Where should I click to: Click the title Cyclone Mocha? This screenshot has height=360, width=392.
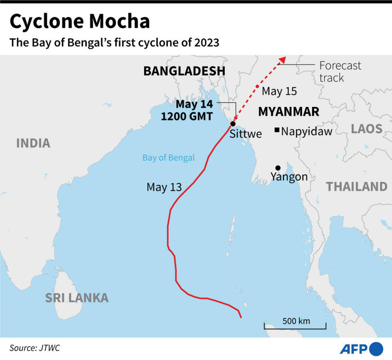[x=80, y=22]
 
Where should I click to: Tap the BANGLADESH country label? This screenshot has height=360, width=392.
[x=184, y=71]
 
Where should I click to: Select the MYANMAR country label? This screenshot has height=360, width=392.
[x=288, y=112]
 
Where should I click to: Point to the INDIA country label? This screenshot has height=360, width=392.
[x=33, y=143]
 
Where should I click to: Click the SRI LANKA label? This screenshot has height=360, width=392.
[x=76, y=298]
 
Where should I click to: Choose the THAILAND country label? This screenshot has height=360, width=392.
[x=356, y=187]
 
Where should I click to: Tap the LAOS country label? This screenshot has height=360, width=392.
[x=366, y=129]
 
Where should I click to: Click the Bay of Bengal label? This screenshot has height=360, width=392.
[x=168, y=157]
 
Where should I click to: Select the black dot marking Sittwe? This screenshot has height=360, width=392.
[x=232, y=124]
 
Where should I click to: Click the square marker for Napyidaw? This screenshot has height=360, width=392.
[x=276, y=130]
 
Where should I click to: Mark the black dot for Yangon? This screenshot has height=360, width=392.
[x=278, y=168]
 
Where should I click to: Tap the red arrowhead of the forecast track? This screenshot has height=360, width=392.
[x=282, y=60]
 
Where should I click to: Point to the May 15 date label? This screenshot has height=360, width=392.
[x=279, y=91]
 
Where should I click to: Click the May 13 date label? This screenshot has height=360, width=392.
[x=164, y=187]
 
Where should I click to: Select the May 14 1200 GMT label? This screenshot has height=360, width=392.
[x=187, y=110]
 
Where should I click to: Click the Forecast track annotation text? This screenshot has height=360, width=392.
[x=340, y=71]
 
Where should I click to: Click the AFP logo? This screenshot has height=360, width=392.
[x=361, y=349]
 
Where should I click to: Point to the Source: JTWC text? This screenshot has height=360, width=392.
[x=34, y=348]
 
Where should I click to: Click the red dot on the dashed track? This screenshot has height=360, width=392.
[x=257, y=86]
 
